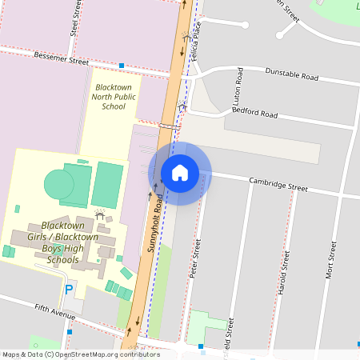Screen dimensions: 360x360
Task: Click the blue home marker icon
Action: coord(180,173)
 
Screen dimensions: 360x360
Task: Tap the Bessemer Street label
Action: coord(62,59)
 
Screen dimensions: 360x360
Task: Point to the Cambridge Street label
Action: coord(278,184)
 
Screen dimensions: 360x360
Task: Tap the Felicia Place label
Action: coord(194,44)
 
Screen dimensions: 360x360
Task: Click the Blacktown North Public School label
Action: coord(114,96)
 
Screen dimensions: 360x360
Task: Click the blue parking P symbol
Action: coord(69,289)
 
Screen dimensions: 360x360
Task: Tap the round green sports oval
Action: coord(59,185)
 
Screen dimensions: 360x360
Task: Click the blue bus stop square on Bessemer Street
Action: coord(122,66)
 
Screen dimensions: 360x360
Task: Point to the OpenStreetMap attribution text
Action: coord(80,354)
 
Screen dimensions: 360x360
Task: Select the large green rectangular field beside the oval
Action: coord(107,184)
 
